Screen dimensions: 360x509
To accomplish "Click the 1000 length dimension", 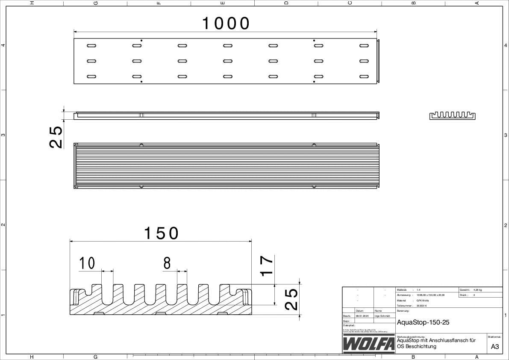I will click(225, 24).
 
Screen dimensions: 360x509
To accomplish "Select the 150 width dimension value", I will click(161, 233).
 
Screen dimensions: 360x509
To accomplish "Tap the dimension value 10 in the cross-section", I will click(87, 264).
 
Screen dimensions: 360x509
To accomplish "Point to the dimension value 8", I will click(167, 264).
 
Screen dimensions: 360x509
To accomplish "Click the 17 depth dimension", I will click(267, 266).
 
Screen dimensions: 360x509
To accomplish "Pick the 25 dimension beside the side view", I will click(56, 136).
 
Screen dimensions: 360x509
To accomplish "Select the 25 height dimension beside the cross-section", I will click(291, 299).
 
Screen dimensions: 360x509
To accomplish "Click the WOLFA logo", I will click(369, 344).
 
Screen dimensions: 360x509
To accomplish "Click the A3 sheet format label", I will click(494, 347).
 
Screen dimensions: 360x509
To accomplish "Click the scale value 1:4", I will click(418, 289).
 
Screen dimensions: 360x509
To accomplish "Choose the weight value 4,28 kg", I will click(478, 289).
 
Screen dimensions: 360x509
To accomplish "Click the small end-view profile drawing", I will click(452, 115).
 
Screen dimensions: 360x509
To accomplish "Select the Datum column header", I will click(359, 311).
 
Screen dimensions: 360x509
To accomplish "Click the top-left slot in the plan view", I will click(91, 45).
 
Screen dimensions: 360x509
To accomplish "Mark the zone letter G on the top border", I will click(95, 3).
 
